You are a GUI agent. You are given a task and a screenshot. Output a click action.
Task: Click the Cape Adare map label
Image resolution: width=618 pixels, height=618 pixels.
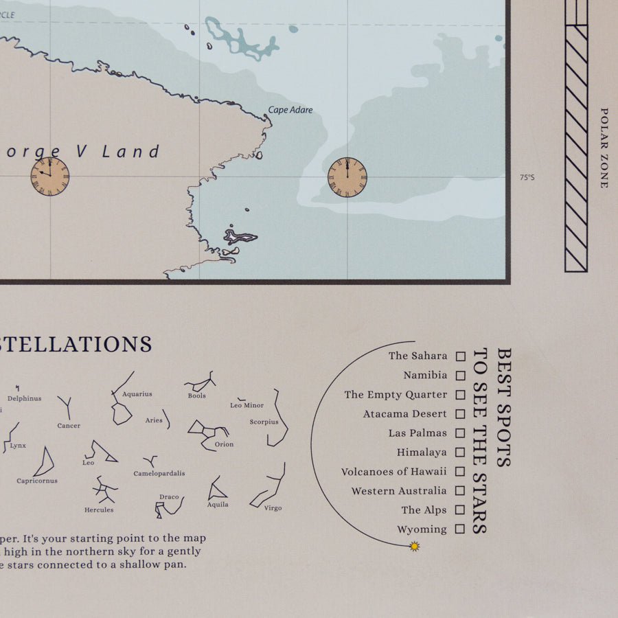290,110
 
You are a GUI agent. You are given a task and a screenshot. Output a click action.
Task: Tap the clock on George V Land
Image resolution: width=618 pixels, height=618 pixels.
50,176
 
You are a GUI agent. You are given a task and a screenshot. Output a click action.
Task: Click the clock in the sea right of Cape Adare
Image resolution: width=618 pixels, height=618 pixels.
347,177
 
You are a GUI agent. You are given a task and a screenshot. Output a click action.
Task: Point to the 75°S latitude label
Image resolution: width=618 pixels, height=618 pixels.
527,177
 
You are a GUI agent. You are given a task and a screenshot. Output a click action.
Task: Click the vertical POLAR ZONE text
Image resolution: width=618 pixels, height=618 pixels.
604,148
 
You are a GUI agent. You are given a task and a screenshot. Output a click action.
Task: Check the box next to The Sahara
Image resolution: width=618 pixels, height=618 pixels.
461,356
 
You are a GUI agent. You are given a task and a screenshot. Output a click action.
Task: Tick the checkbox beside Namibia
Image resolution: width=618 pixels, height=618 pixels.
461,376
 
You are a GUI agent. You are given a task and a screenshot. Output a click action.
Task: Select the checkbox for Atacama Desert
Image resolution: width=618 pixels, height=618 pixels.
461,414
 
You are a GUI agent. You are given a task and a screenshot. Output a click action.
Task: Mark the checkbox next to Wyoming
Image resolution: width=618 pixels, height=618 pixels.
461,529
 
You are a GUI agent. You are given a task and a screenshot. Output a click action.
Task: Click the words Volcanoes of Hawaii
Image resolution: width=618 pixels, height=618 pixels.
393,472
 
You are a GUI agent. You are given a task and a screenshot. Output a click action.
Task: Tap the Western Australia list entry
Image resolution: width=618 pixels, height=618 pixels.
398,491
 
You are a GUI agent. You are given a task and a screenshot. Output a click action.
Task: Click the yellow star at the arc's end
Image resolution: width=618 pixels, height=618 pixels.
414,547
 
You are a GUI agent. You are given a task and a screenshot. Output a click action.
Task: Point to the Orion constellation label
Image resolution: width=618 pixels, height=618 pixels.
224,444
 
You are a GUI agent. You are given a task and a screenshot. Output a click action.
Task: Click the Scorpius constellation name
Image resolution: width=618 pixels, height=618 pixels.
264,422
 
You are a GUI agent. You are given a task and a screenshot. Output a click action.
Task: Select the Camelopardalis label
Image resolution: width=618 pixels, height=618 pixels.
159,474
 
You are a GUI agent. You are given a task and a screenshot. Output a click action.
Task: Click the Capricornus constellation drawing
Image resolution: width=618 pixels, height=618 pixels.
45,462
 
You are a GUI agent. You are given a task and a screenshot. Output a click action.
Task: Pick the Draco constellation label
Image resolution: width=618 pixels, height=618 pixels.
169,497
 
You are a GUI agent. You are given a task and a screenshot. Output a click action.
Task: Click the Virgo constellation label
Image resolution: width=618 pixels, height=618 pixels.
273,508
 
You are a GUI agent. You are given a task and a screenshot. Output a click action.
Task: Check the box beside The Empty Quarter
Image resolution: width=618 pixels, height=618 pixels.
461,395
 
